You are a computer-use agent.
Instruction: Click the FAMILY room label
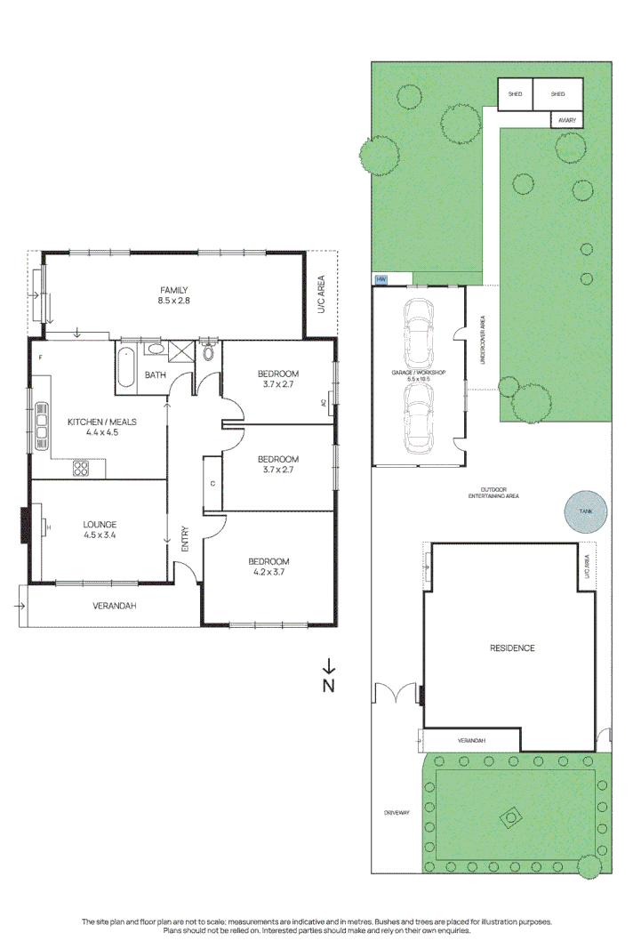coord(174,291)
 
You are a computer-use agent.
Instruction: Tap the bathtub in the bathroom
coord(124,366)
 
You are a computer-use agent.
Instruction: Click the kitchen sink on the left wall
coord(41,426)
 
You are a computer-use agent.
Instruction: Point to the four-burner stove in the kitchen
coord(81,468)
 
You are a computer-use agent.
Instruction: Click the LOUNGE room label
coord(99,524)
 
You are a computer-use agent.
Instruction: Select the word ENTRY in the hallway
coord(185,541)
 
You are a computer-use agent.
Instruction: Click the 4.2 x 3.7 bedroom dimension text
coord(268,572)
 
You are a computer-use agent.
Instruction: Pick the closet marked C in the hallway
coord(212,483)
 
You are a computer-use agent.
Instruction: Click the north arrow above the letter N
coord(329,665)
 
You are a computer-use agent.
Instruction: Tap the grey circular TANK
coord(583,511)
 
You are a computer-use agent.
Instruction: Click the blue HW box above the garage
coord(382,279)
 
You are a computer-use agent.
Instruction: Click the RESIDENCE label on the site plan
coord(512,647)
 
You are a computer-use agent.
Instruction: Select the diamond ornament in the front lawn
coord(511,815)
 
